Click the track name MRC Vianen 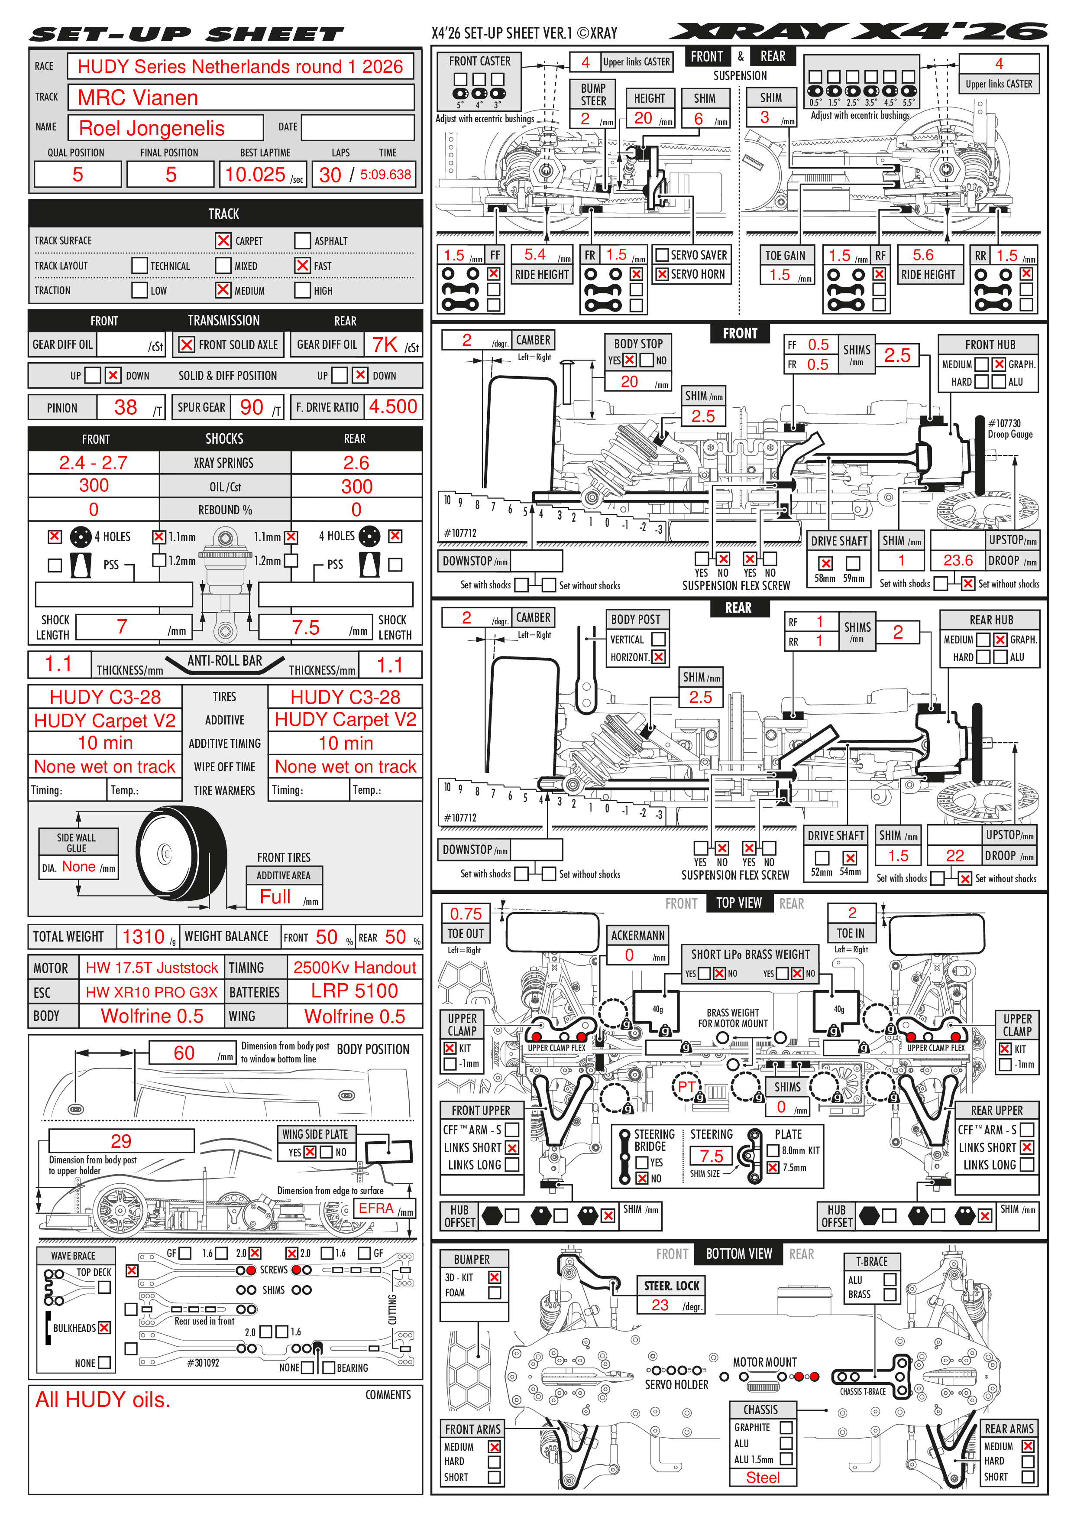click(x=138, y=98)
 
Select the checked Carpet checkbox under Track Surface click(x=223, y=240)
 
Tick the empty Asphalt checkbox click(x=302, y=240)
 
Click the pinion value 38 click(x=126, y=407)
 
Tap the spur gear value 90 click(x=252, y=407)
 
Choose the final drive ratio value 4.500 click(x=393, y=406)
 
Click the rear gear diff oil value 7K click(x=385, y=344)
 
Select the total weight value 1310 click(x=144, y=937)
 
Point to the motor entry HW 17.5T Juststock click(x=152, y=968)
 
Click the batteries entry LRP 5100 click(x=355, y=991)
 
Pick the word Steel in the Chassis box click(x=763, y=1478)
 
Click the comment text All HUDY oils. click(x=103, y=1400)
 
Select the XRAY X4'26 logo click(x=858, y=31)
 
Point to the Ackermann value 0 click(x=629, y=955)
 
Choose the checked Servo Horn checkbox click(x=662, y=274)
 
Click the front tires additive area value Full click(x=275, y=896)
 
